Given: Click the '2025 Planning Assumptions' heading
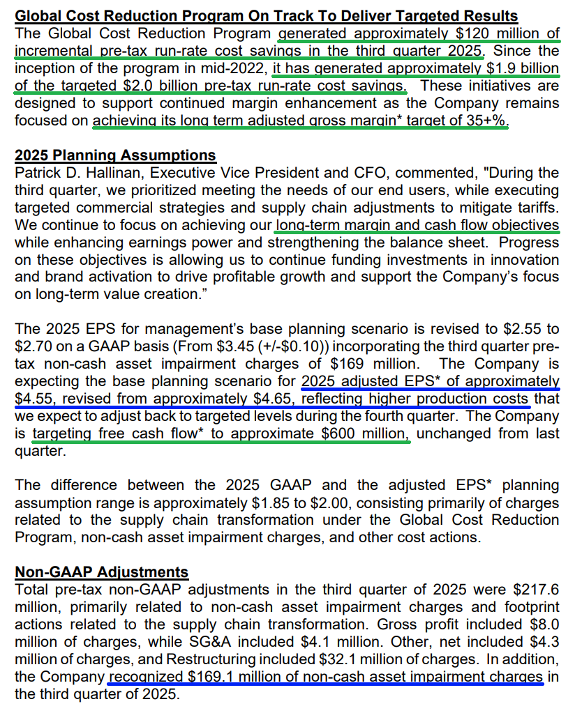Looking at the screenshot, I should tap(115, 155).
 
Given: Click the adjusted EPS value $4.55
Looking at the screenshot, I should tap(34, 399).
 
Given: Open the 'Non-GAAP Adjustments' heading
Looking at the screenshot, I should tap(102, 572).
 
